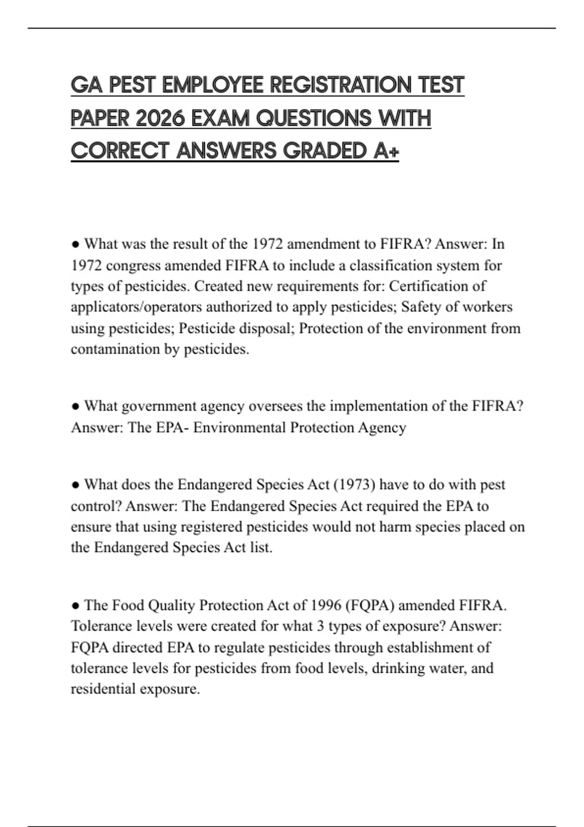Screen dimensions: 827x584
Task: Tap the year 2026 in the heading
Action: [x=161, y=119]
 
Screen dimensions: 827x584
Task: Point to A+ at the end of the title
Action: [x=387, y=151]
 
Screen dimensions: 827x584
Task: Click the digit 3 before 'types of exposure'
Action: [x=321, y=626]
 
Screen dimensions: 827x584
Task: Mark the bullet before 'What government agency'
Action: [x=75, y=406]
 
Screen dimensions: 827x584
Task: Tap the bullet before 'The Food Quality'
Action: [x=75, y=606]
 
